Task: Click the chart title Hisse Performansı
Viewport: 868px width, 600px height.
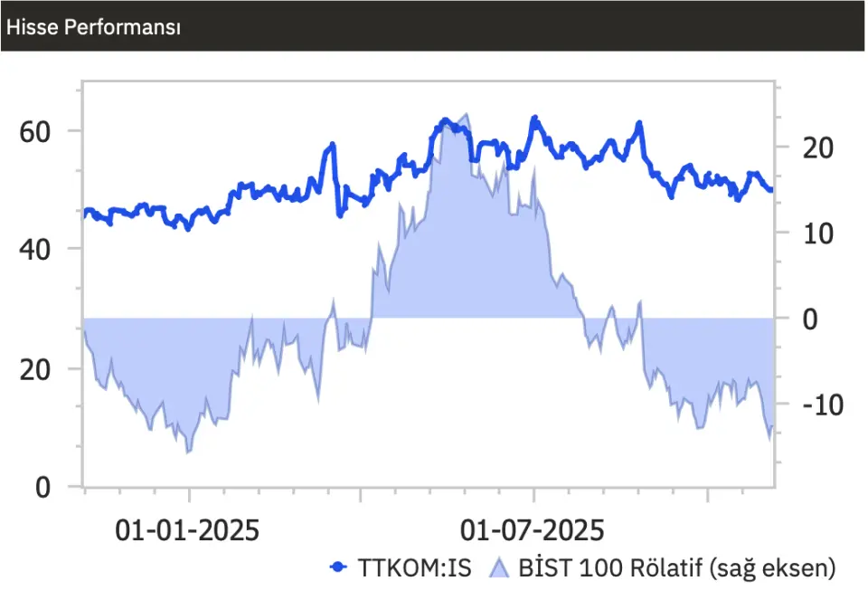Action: [x=93, y=27]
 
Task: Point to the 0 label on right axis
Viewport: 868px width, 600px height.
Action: [x=811, y=319]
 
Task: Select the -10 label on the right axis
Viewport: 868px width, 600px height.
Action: [x=822, y=405]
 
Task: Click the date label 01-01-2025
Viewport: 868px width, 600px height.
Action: [x=187, y=530]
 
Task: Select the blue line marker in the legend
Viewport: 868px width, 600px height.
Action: [x=339, y=567]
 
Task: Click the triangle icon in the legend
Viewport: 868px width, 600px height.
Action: [x=500, y=567]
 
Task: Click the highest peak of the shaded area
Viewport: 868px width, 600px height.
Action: [x=466, y=115]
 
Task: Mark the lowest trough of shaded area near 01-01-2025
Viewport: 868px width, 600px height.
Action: [x=188, y=452]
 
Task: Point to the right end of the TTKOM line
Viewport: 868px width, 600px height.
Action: [x=770, y=190]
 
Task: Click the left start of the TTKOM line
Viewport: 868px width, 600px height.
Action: [x=85, y=213]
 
